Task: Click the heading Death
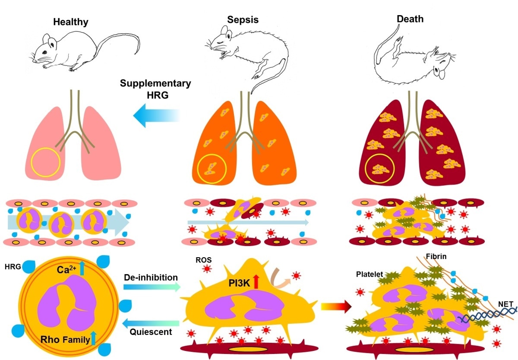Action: tap(411, 19)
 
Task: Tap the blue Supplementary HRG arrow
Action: tap(155, 116)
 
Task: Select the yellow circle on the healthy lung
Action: tap(45, 163)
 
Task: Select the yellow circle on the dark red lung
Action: tap(380, 167)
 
